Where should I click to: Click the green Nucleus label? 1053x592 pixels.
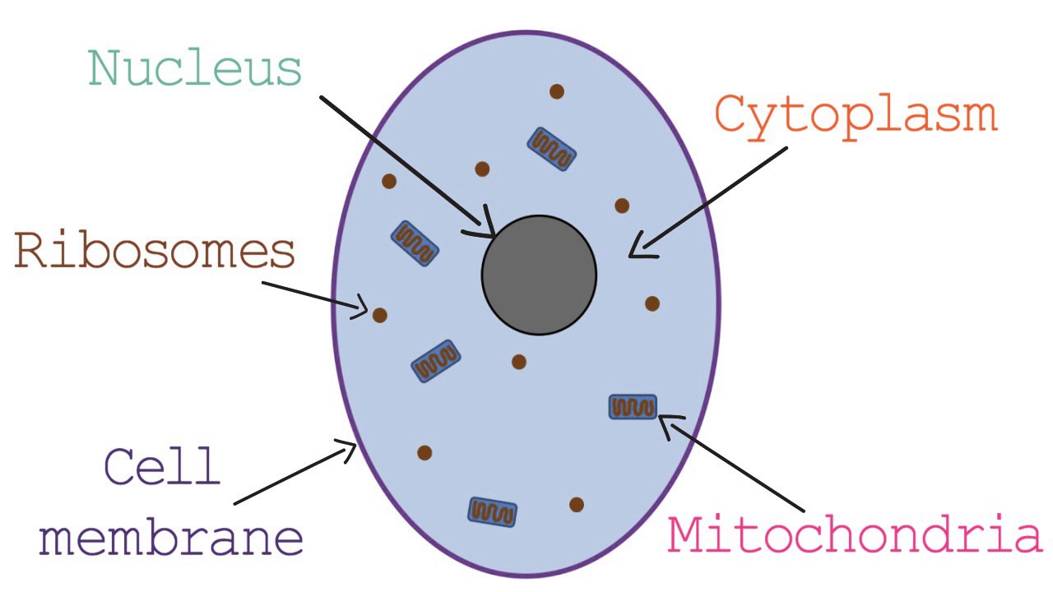[x=196, y=68]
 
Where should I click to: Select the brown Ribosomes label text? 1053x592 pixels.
[x=155, y=251]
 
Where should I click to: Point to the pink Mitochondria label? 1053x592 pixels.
[x=855, y=535]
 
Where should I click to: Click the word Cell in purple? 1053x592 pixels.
[x=163, y=466]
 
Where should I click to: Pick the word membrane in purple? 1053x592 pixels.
[x=171, y=539]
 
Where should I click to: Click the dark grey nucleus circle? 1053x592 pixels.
[x=539, y=275]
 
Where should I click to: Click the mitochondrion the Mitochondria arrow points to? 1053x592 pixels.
[x=633, y=406]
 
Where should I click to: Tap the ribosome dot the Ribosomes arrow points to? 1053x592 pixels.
[x=379, y=314]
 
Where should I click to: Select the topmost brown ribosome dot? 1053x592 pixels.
[x=557, y=91]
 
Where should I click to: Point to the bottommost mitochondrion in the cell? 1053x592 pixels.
[x=492, y=511]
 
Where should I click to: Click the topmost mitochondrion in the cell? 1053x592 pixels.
[x=551, y=149]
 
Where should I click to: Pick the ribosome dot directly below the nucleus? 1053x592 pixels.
[x=518, y=362]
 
